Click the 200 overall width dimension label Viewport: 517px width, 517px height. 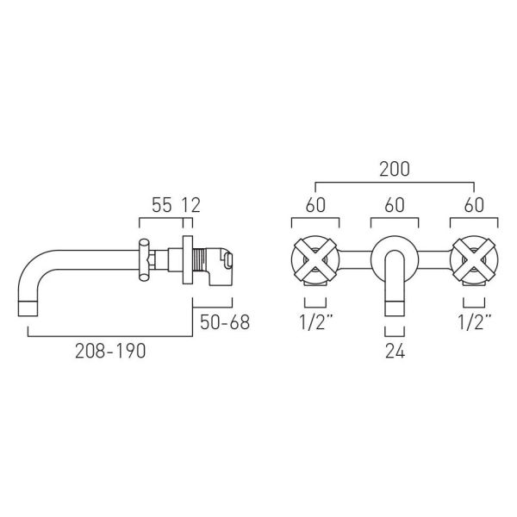click(395, 169)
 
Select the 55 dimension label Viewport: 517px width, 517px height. click(162, 205)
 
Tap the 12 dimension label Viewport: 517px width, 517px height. click(191, 205)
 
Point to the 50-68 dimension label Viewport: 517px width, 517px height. click(225, 322)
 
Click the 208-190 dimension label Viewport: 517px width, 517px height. click(110, 351)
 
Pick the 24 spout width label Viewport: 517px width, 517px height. click(395, 352)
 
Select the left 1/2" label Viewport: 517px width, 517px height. click(315, 322)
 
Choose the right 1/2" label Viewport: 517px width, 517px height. click(474, 322)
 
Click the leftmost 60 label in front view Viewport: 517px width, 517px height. click(315, 205)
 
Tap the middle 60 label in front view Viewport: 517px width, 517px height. click(395, 205)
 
